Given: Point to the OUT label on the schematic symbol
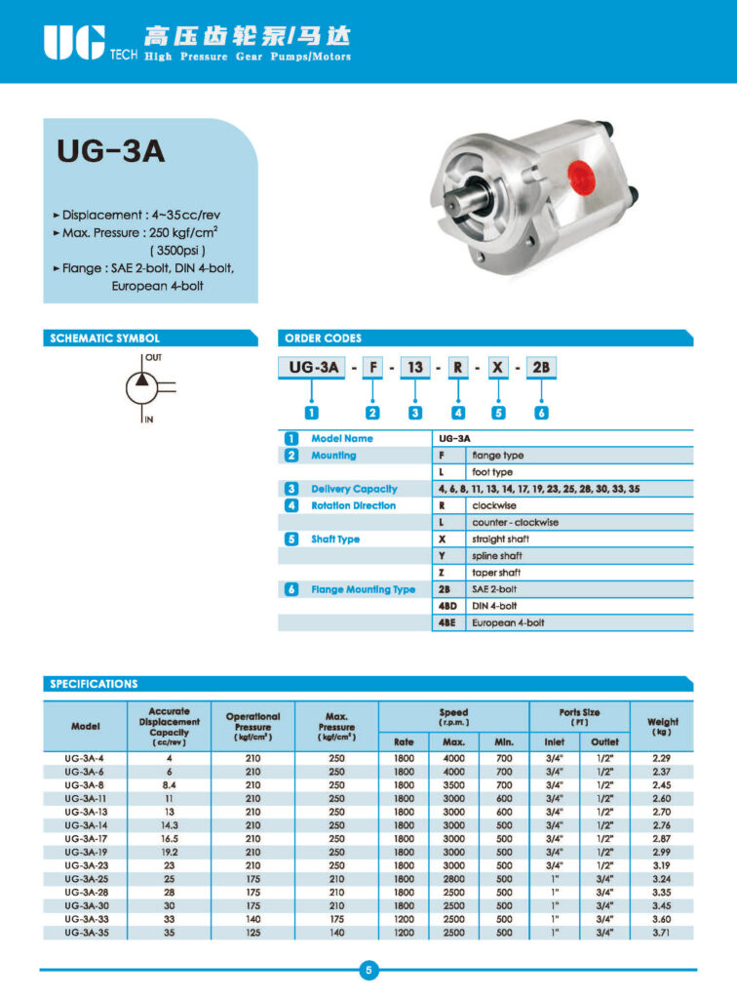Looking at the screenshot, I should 154,358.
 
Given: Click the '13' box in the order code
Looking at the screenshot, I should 416,367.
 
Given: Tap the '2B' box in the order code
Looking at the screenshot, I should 540,367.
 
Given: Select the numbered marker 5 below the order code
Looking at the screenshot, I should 499,412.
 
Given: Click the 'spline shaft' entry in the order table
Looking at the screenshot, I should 496,555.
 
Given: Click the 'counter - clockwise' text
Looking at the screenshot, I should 514,522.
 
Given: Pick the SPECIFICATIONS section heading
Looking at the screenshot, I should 95,684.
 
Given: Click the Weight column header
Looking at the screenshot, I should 662,727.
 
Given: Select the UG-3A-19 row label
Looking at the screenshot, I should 85,852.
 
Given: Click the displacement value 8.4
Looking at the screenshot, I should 169,784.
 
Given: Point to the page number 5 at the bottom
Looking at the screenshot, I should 368,971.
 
